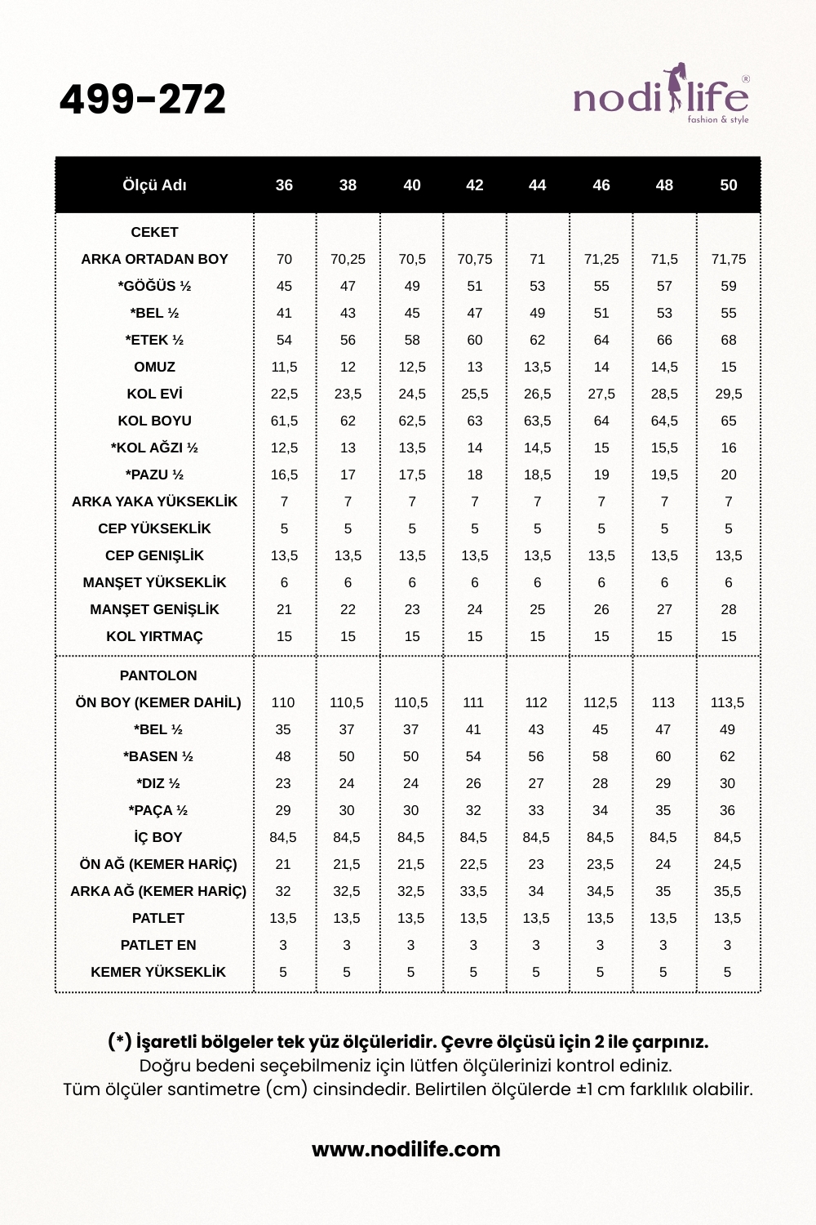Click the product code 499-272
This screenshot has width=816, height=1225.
point(143,100)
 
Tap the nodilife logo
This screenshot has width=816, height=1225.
point(661,96)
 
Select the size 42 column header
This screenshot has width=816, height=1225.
point(475,185)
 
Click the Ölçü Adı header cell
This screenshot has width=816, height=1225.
point(154,185)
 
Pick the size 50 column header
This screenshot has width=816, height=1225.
point(729,185)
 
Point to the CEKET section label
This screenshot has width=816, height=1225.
point(154,232)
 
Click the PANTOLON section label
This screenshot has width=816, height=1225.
point(158,675)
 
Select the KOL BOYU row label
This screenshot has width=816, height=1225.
point(154,421)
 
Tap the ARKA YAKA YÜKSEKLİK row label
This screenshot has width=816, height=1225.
point(154,501)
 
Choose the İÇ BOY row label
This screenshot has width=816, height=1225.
point(158,837)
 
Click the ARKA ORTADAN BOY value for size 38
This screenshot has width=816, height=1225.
point(348,259)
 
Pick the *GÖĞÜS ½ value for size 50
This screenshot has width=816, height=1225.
point(729,286)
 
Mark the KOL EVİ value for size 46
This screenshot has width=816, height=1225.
point(601,394)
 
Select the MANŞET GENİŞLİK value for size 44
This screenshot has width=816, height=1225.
point(537,609)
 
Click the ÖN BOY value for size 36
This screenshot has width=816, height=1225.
point(283,702)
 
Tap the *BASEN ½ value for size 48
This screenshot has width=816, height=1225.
point(663,756)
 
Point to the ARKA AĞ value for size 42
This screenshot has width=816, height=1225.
point(473,891)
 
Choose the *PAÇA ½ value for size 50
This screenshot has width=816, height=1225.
point(727,810)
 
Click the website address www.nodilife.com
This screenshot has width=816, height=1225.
point(406,1149)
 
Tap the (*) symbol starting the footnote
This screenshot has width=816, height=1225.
point(119,1041)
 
